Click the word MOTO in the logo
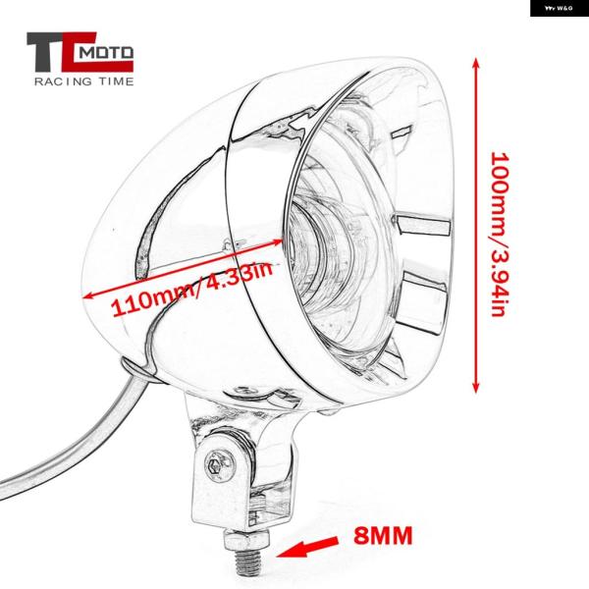point(107,53)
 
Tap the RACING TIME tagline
point(84,81)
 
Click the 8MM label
point(383,535)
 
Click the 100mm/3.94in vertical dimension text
point(501,234)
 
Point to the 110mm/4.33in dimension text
point(192,288)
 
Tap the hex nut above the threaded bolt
point(246,540)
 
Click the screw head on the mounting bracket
point(217,466)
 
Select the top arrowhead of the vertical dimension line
point(475,63)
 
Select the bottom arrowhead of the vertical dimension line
point(475,387)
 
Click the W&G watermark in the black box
point(559,8)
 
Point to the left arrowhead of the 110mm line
point(88,295)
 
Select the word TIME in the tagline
point(116,81)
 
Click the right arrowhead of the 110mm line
point(276,241)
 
